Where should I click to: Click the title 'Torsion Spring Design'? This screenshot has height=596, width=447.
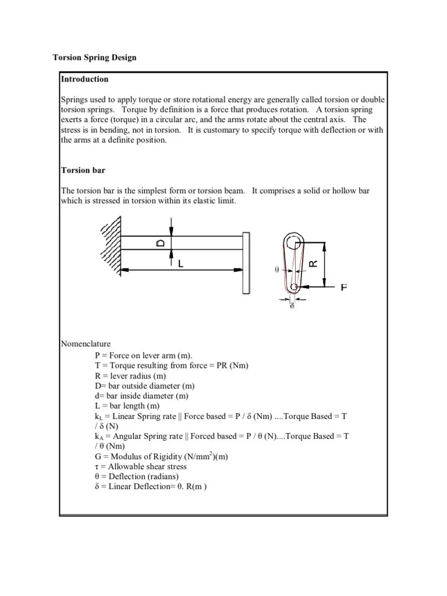click(x=94, y=58)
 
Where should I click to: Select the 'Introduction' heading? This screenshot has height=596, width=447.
click(x=85, y=79)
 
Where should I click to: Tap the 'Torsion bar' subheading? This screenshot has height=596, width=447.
click(x=83, y=171)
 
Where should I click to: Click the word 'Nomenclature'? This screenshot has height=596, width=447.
click(x=86, y=344)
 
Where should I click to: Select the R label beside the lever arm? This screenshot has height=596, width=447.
click(x=313, y=263)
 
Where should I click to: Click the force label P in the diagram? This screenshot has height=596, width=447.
click(x=344, y=287)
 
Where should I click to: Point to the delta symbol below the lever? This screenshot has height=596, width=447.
click(x=292, y=305)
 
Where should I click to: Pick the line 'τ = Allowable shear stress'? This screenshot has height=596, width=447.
click(x=140, y=466)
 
